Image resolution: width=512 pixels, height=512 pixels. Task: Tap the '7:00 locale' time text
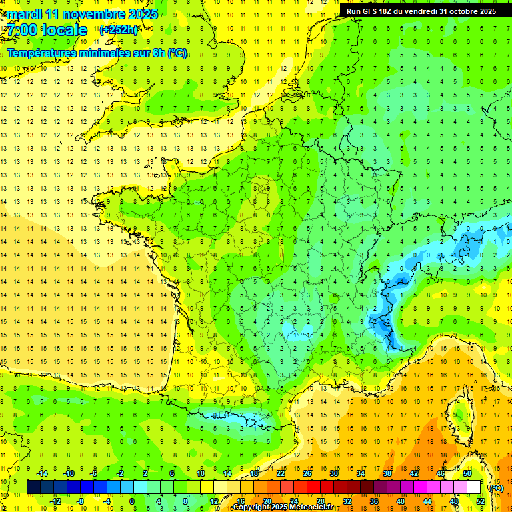pos(47,30)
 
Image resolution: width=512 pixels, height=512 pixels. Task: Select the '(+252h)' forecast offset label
pos(119,30)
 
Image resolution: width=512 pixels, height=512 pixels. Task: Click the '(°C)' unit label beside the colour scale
pos(496,487)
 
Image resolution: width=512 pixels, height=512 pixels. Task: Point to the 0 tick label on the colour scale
pos(132,501)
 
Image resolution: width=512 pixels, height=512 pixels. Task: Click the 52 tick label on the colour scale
pos(481,501)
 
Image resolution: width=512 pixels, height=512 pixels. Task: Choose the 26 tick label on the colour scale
pos(307,473)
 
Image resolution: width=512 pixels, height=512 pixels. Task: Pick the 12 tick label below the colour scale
pos(213,501)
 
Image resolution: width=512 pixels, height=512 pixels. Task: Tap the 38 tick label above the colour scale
pos(387,473)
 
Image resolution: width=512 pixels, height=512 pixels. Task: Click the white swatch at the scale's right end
pos(474,487)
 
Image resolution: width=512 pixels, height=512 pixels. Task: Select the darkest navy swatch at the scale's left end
pos(33,487)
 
